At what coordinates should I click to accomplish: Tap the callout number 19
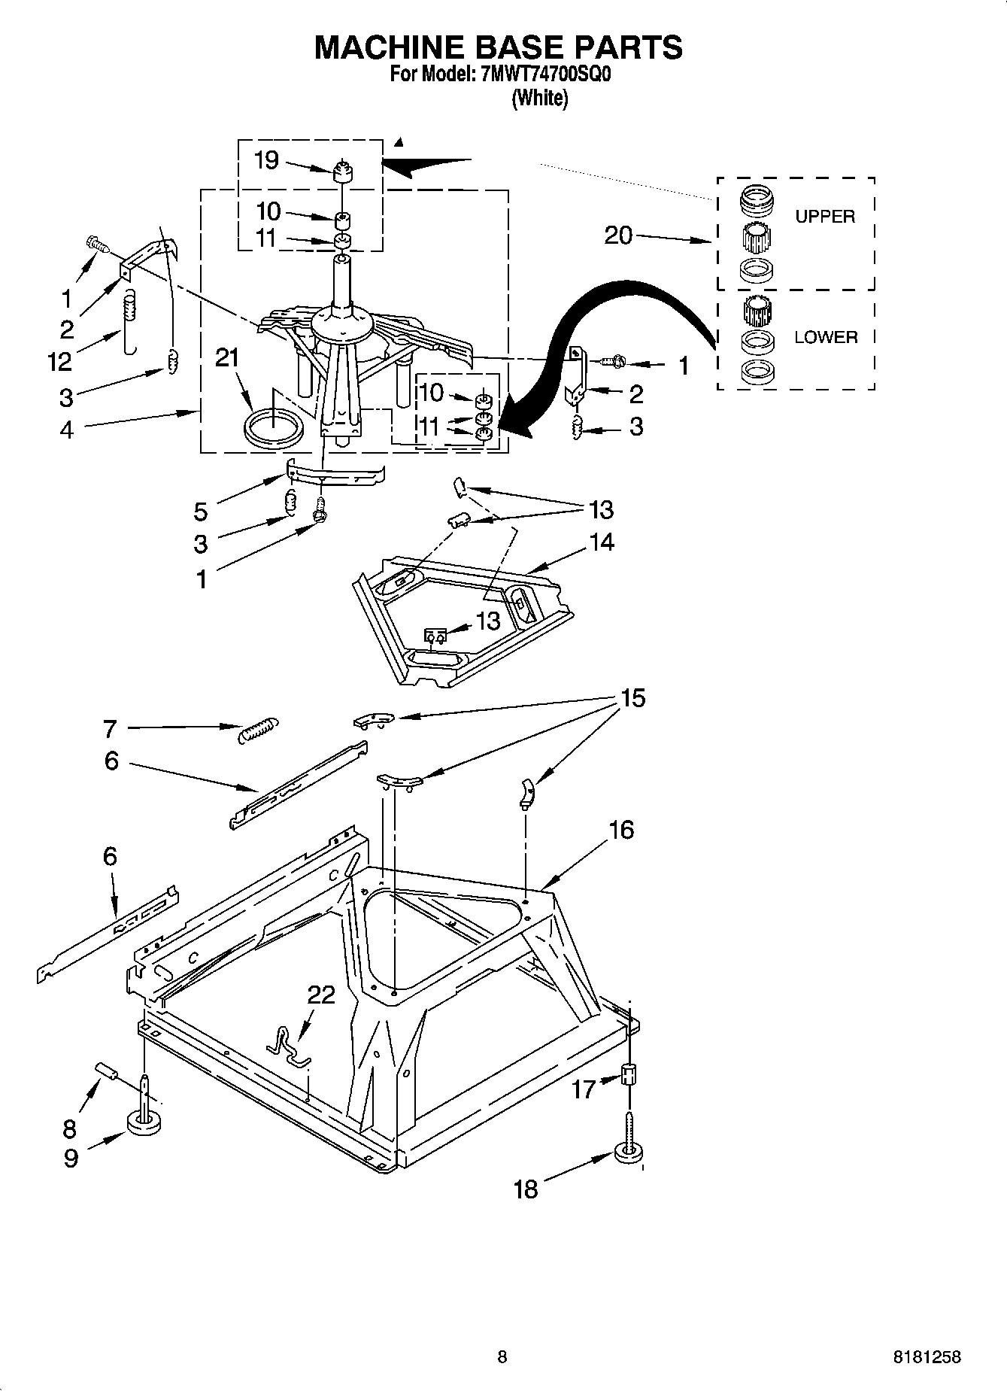(x=266, y=159)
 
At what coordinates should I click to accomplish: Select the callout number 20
(x=618, y=235)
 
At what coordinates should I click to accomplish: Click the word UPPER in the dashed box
(x=825, y=217)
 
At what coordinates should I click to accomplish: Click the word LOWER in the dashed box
(x=826, y=337)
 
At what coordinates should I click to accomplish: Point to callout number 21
(x=227, y=358)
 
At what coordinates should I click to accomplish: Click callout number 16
(x=621, y=830)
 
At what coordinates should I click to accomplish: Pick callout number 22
(x=321, y=995)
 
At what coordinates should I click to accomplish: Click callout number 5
(x=200, y=512)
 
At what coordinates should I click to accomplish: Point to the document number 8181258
(x=927, y=1358)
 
